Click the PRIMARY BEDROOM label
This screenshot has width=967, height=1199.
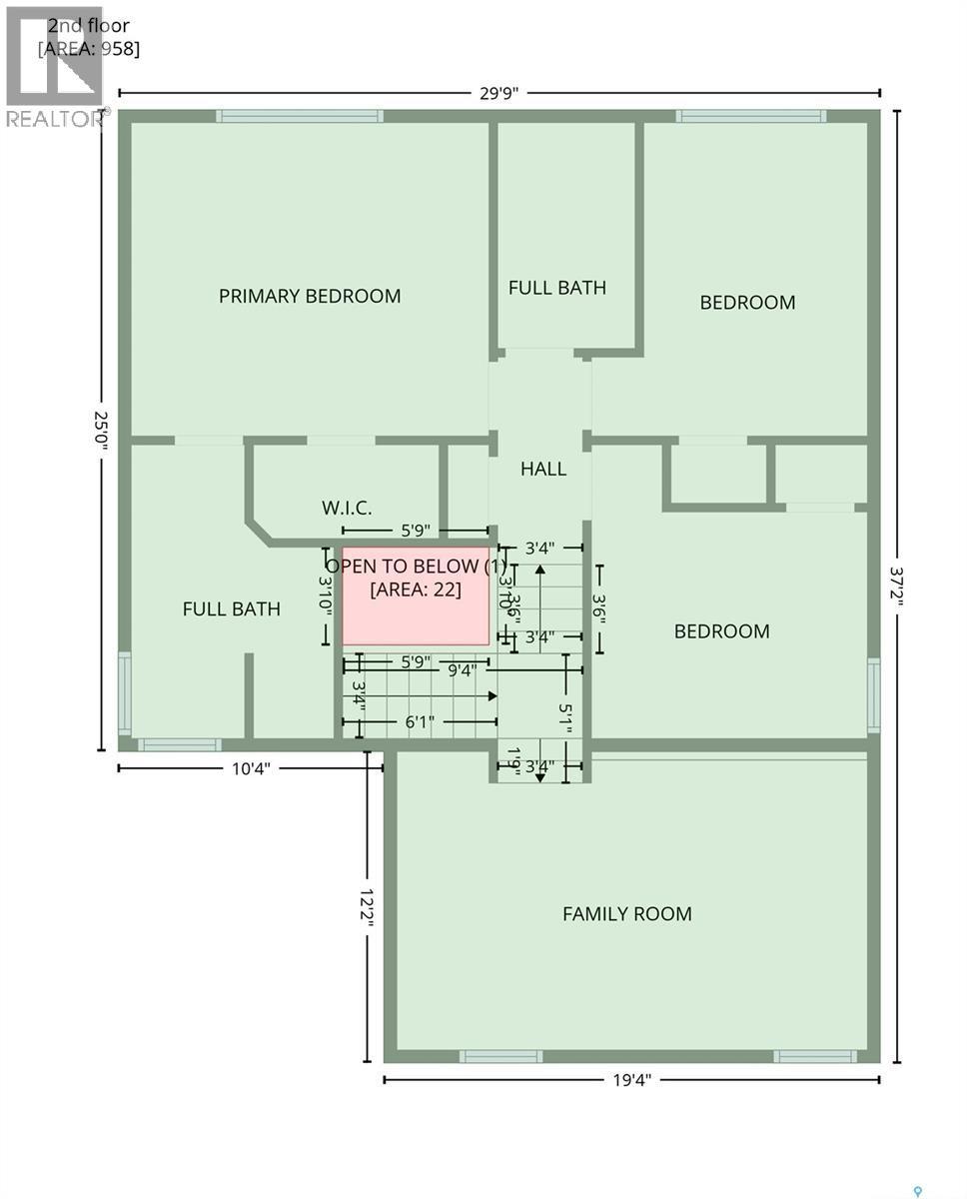click(x=310, y=296)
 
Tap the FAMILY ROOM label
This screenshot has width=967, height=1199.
click(x=626, y=913)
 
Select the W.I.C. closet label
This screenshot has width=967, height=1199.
click(x=347, y=509)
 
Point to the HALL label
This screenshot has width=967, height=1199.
click(x=542, y=469)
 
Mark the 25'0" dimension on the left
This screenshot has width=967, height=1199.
click(x=100, y=430)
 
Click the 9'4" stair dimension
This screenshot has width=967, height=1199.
click(x=461, y=670)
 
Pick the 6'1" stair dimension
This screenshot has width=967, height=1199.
click(x=420, y=721)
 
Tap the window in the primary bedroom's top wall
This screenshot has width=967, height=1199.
click(x=300, y=116)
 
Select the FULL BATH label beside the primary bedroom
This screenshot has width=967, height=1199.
click(x=556, y=288)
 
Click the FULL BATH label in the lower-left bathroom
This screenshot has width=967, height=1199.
click(x=231, y=609)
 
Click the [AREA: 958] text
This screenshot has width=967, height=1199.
click(x=89, y=47)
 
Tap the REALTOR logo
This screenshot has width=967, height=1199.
click(x=55, y=70)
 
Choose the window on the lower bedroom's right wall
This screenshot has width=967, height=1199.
click(x=873, y=695)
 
